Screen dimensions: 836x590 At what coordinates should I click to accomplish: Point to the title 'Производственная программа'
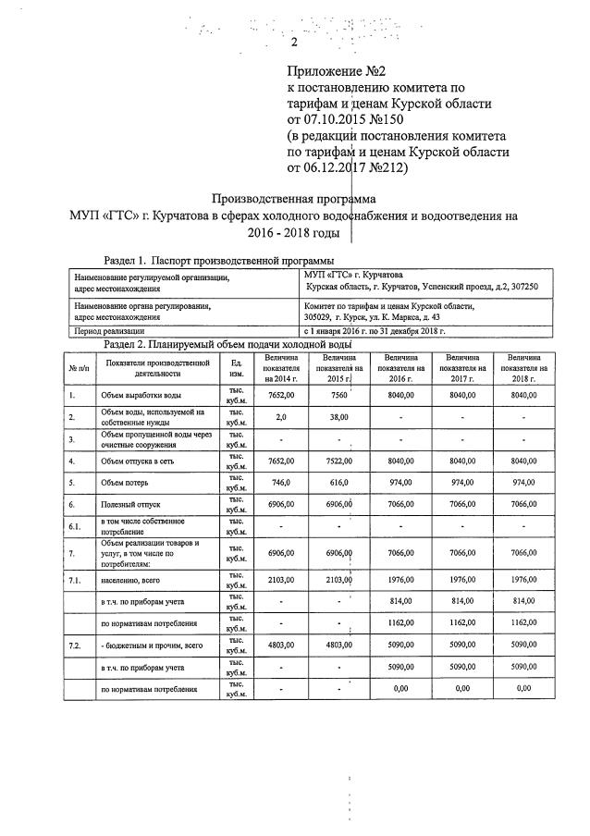pyautogui.click(x=294, y=198)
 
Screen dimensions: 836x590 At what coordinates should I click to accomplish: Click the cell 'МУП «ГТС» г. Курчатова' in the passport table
pyautogui.click(x=353, y=275)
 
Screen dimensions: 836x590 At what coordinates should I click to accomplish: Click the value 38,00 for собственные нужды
pyautogui.click(x=338, y=417)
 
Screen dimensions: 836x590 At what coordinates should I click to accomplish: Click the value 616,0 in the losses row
pyautogui.click(x=338, y=483)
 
